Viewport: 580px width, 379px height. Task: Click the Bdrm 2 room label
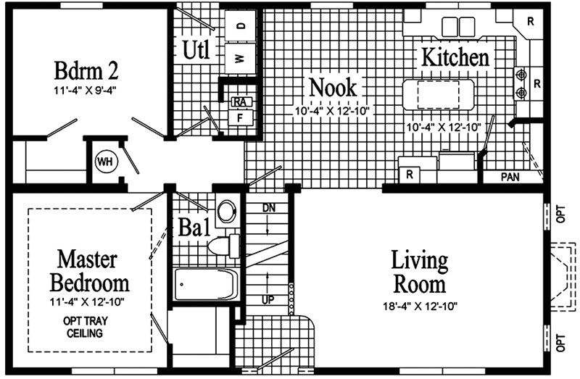pos(86,70)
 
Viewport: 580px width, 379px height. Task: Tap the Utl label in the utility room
pos(196,51)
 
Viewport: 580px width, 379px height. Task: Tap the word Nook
pos(333,87)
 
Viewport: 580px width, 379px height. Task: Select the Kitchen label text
pos(455,57)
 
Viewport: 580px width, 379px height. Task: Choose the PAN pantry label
pos(512,177)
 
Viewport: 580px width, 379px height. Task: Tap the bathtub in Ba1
pos(206,284)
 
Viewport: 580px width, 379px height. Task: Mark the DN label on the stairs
pos(269,208)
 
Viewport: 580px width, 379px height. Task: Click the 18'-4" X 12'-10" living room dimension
pos(419,305)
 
